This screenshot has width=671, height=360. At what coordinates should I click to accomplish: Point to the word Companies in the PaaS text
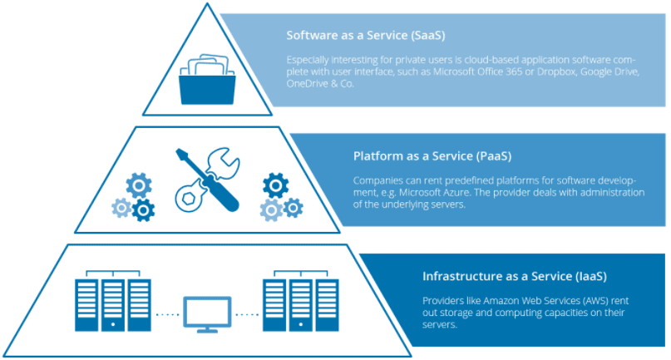coord(379,180)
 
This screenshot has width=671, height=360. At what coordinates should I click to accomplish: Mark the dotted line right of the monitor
coord(248,314)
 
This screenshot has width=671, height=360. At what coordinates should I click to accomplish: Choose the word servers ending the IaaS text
coord(442,324)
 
